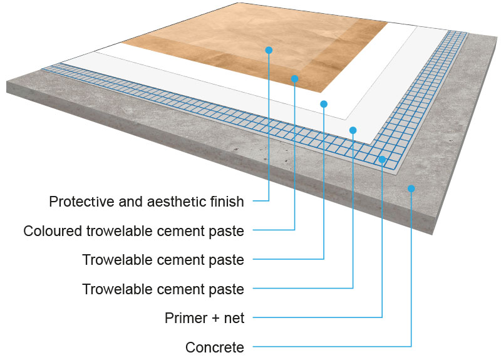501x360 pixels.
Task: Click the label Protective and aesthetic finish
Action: click(x=147, y=202)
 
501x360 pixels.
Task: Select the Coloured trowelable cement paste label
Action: click(x=133, y=231)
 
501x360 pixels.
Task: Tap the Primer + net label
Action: click(x=204, y=318)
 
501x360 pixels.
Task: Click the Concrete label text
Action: click(x=215, y=347)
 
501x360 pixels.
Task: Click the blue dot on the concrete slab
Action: click(x=411, y=188)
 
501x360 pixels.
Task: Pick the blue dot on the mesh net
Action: click(x=382, y=160)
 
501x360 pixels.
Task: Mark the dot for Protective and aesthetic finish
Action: click(x=269, y=49)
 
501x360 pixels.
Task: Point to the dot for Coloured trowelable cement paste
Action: click(x=294, y=78)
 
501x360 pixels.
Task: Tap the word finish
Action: click(x=227, y=202)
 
